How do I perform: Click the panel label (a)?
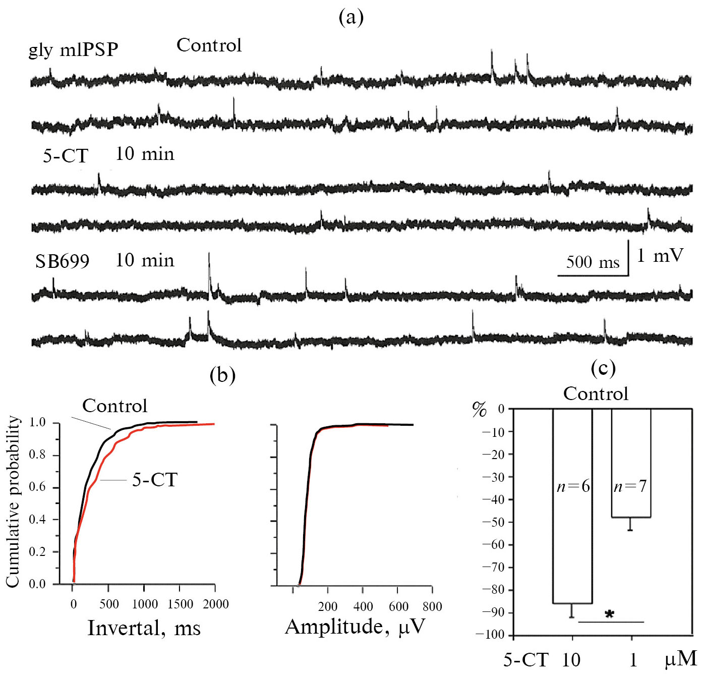pos(351,18)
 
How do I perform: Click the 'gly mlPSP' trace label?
pos(74,49)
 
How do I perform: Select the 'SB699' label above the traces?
pos(62,261)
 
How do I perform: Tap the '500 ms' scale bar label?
pos(593,262)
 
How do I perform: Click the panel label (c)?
pos(603,368)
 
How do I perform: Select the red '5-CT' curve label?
pos(155,479)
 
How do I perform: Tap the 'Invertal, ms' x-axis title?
pos(144,628)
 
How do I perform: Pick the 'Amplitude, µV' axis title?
pos(355,627)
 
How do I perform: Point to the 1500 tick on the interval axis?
pos(180,604)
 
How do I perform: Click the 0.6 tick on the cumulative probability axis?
pos(37,487)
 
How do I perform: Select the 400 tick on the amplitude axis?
pos(363,606)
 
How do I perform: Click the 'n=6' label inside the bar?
pos(573,486)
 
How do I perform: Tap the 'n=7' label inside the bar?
pos(630,486)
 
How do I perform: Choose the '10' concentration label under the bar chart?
pos(571,660)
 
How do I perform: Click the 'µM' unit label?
pos(681,659)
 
